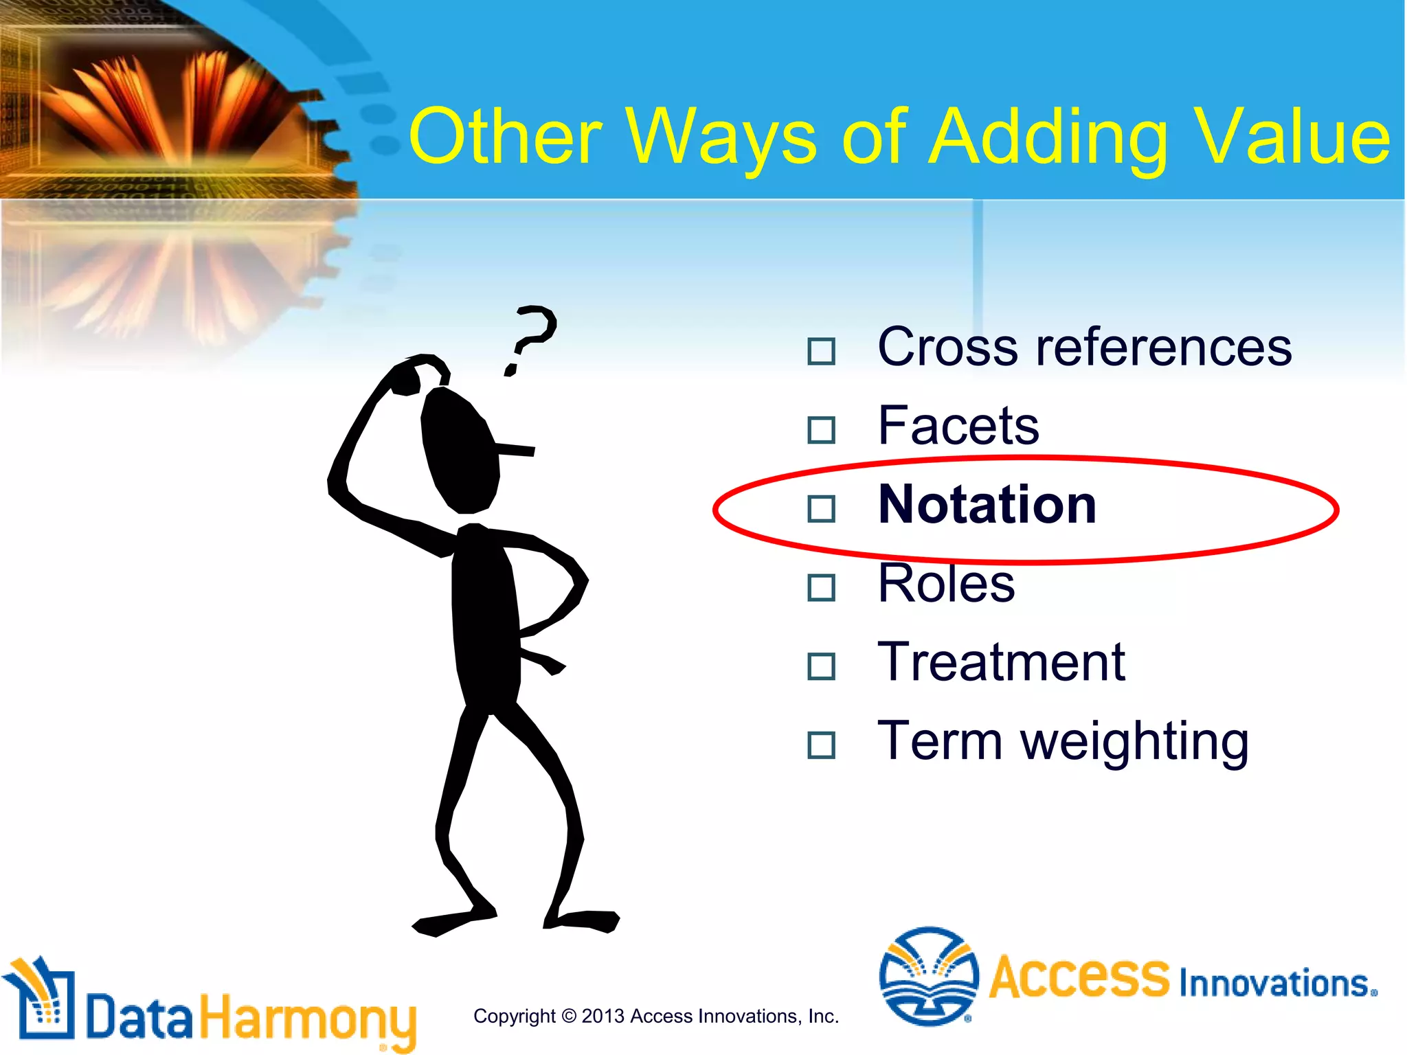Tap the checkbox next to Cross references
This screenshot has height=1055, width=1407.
pyautogui.click(x=821, y=351)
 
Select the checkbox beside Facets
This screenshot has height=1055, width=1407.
pyautogui.click(x=821, y=430)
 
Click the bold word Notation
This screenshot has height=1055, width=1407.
pyautogui.click(x=987, y=505)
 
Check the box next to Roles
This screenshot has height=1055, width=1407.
pyautogui.click(x=821, y=588)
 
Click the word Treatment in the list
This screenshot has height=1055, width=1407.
pyautogui.click(x=1001, y=663)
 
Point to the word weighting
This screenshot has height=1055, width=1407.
pyautogui.click(x=1134, y=742)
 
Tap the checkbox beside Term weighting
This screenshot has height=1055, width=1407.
pyautogui.click(x=821, y=745)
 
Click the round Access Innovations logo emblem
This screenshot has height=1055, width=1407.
pyautogui.click(x=928, y=975)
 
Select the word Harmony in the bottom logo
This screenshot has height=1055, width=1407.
pyautogui.click(x=308, y=1019)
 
